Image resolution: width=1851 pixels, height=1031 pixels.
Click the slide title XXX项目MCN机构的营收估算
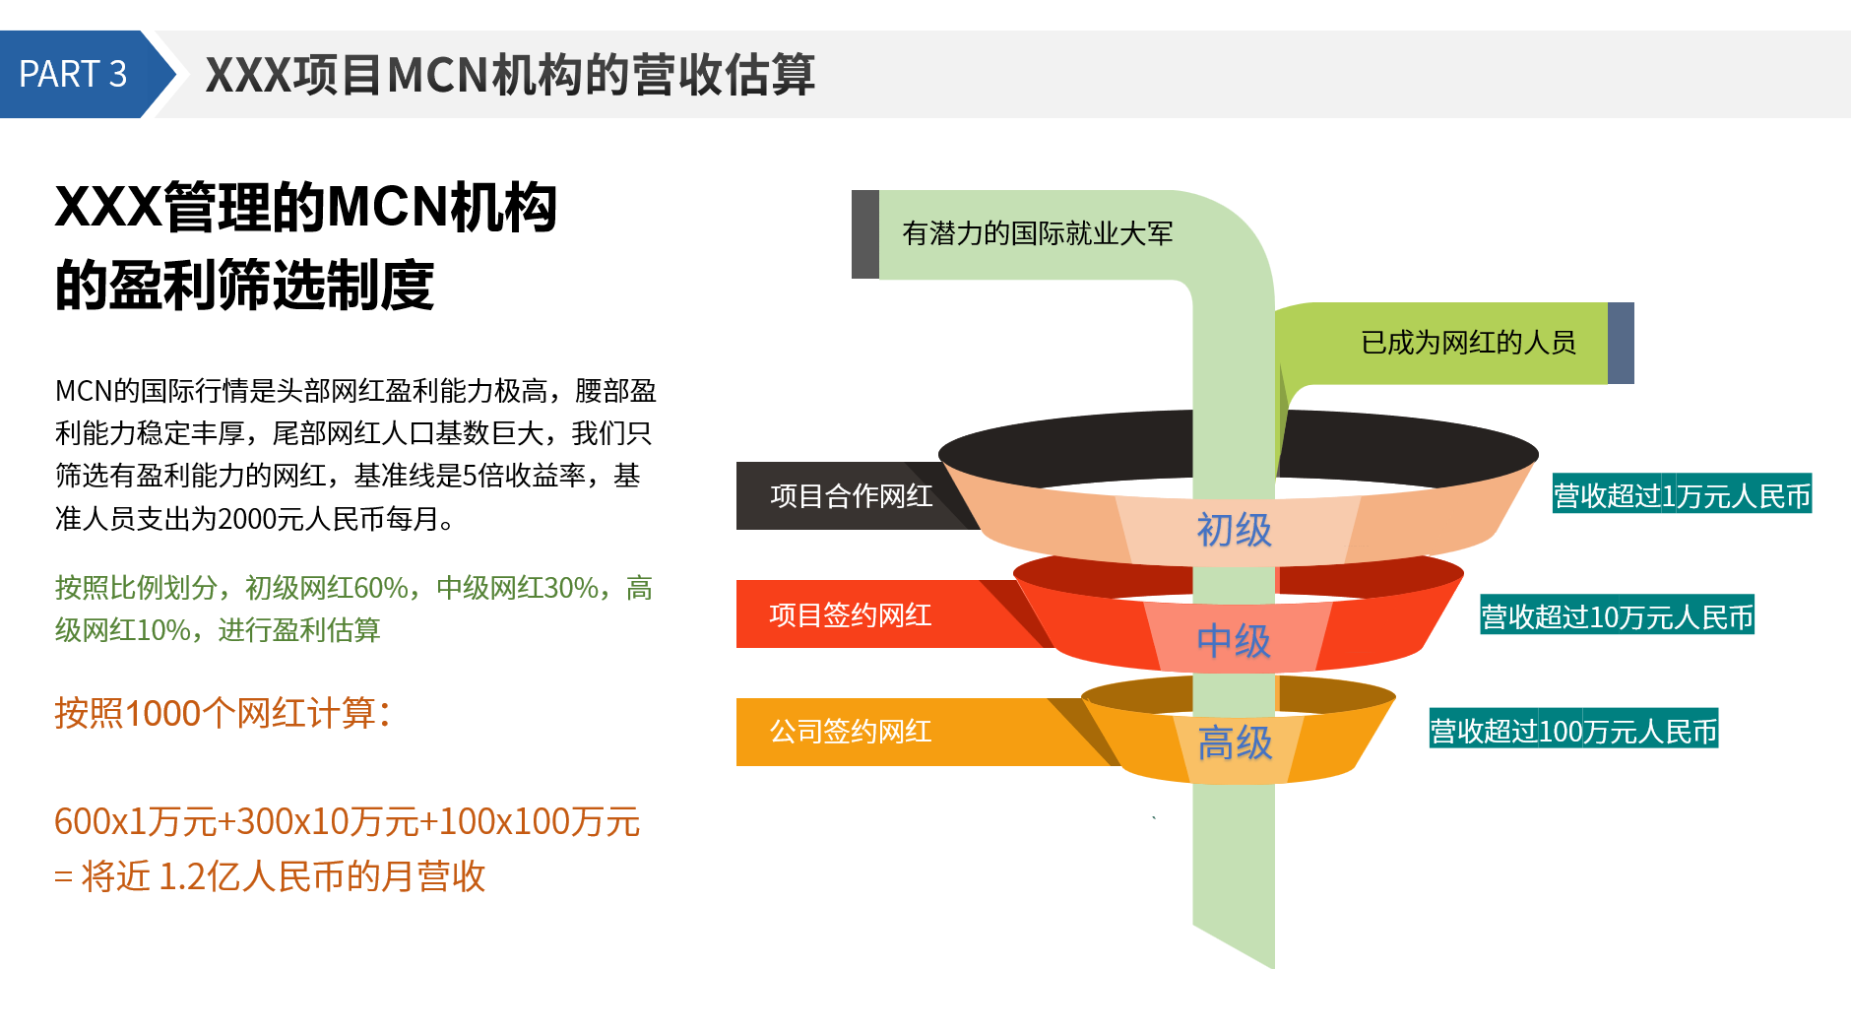[510, 75]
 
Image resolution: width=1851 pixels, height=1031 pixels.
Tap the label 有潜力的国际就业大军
[1038, 233]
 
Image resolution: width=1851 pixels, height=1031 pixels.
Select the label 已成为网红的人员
[1468, 343]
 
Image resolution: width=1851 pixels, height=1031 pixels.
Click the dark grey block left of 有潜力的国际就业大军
[865, 234]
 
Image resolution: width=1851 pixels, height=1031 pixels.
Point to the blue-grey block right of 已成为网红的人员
[1621, 343]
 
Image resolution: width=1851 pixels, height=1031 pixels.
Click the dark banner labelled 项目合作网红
[852, 495]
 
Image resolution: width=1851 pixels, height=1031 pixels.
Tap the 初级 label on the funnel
[1235, 530]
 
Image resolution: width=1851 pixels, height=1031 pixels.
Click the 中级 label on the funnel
[1234, 641]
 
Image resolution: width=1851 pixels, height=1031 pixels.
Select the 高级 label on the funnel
[1235, 742]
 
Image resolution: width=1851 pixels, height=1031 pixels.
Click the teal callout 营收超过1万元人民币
[1683, 495]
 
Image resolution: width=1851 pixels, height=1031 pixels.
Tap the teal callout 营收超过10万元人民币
[1618, 616]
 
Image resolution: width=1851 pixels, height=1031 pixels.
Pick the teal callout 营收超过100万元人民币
[1573, 731]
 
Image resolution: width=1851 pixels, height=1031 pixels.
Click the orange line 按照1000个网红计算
[223, 713]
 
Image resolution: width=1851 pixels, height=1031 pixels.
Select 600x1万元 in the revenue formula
[136, 821]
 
